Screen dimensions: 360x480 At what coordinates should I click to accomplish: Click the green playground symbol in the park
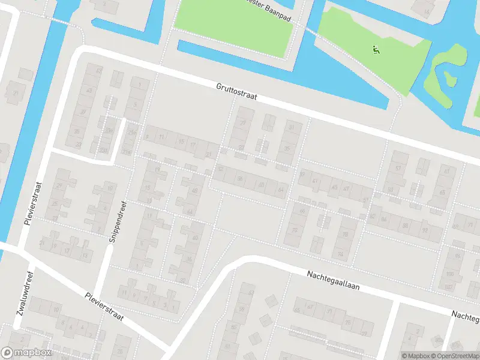coord(376,50)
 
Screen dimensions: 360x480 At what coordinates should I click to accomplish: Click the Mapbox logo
coord(26,353)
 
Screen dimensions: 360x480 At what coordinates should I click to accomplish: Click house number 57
coord(398,169)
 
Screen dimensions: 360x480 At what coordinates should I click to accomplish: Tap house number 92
coord(425,229)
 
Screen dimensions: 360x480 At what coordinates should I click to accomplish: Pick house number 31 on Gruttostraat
coord(292,128)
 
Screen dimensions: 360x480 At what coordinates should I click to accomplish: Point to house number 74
coord(341,254)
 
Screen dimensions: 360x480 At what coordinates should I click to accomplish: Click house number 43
coord(90,91)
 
